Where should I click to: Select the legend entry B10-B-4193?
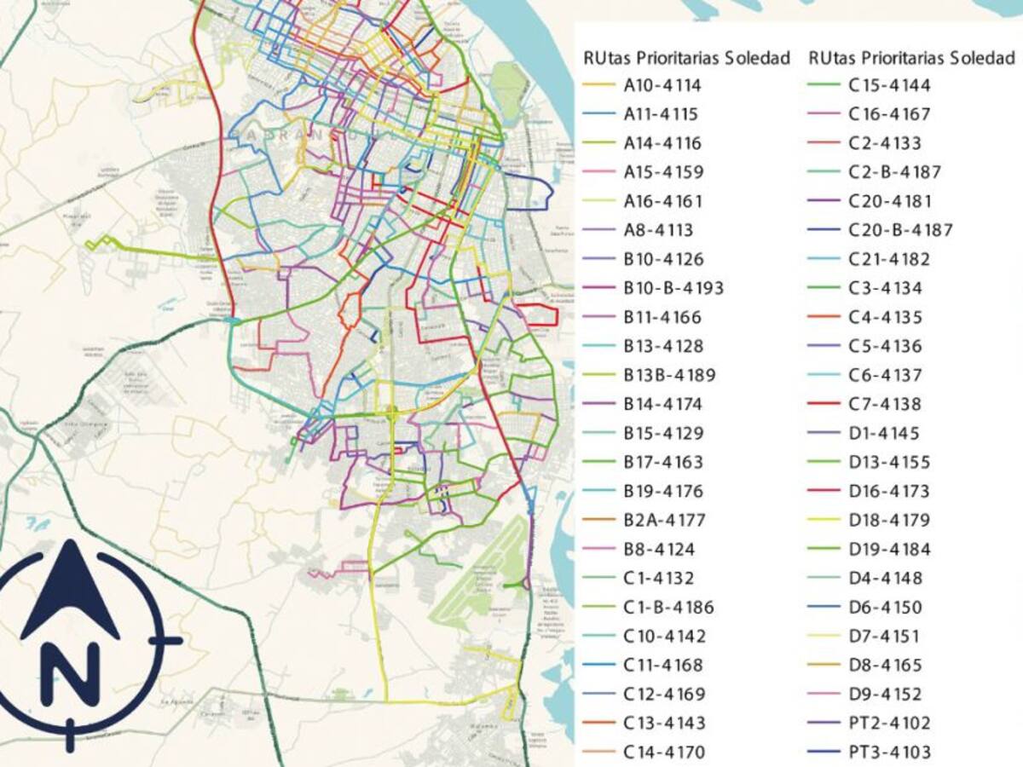tap(673, 288)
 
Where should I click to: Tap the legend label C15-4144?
tap(889, 85)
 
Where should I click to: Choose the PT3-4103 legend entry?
tap(889, 752)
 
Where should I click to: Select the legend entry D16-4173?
tap(889, 491)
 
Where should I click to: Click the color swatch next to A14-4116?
tap(598, 143)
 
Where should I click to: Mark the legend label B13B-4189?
tap(668, 375)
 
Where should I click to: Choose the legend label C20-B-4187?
tap(900, 230)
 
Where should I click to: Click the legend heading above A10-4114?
tap(686, 58)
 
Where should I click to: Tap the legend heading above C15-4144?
tap(911, 58)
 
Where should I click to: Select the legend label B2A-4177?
tap(663, 520)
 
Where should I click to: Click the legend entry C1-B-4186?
tap(668, 607)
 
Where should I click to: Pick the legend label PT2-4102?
tap(889, 723)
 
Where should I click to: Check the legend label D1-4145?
tap(884, 433)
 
